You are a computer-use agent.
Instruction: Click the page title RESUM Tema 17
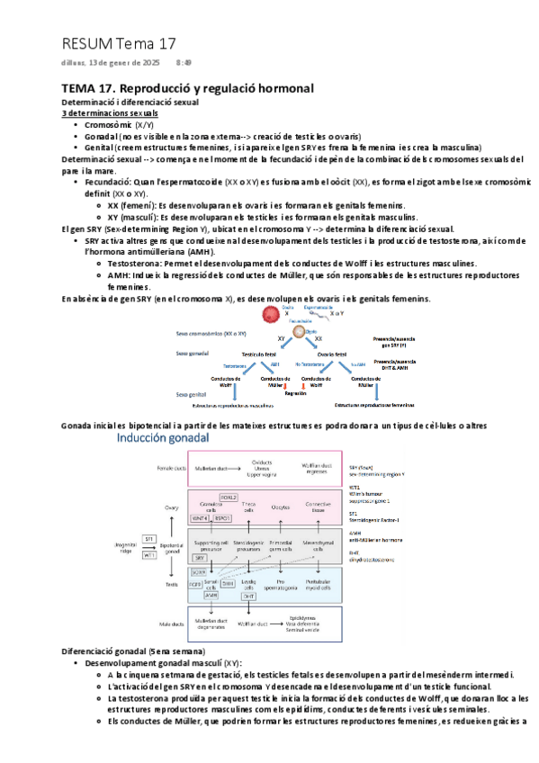[x=119, y=43]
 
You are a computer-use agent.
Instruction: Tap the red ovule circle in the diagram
[x=268, y=316]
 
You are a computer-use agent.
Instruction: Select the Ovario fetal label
[x=314, y=354]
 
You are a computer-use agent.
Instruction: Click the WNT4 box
[x=200, y=517]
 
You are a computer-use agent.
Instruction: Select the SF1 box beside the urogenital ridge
[x=149, y=538]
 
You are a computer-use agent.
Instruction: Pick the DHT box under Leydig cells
[x=248, y=596]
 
